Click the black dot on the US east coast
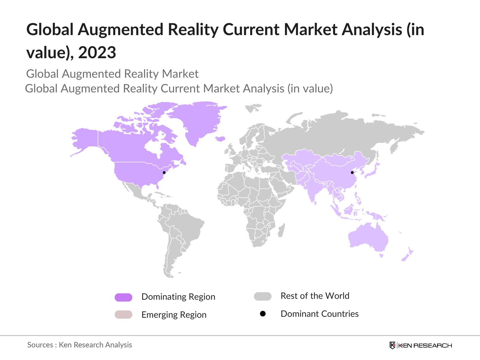pyautogui.click(x=164, y=172)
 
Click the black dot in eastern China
pyautogui.click(x=352, y=172)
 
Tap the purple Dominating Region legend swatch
pyautogui.click(x=123, y=297)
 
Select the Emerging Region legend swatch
pyautogui.click(x=123, y=315)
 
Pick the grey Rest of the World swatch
pyautogui.click(x=262, y=296)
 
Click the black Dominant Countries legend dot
pyautogui.click(x=263, y=314)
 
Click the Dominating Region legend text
pyautogui.click(x=178, y=297)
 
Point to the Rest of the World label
pyautogui.click(x=315, y=296)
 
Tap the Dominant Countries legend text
pyautogui.click(x=319, y=314)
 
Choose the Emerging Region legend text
pyautogui.click(x=174, y=315)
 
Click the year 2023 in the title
pyautogui.click(x=97, y=52)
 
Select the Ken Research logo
pyautogui.click(x=421, y=345)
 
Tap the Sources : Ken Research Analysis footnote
pyautogui.click(x=79, y=345)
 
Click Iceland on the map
pyautogui.click(x=220, y=139)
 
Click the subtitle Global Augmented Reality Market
pyautogui.click(x=112, y=74)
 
